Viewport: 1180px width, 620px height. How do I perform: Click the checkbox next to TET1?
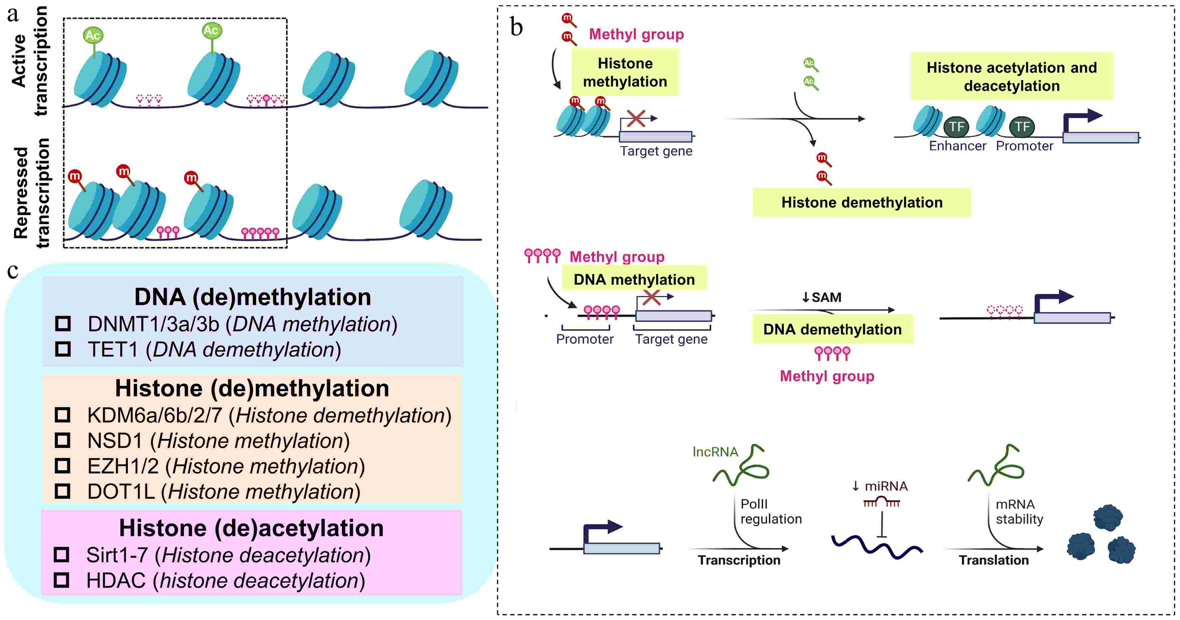pos(63,349)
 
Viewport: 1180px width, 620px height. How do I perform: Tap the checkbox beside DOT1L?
pos(63,491)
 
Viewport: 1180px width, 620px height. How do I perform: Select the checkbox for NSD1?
pos(63,441)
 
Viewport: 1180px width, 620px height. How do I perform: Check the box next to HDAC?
pos(61,580)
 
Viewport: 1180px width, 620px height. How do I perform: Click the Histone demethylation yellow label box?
pos(861,202)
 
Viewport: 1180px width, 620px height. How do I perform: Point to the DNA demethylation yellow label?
pos(832,329)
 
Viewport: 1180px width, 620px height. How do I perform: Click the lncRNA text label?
pos(715,452)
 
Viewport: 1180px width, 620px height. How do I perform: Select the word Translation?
pos(993,560)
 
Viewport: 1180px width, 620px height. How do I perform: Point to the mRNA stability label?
pos(1019,511)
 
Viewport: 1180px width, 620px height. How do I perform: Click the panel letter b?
pos(516,28)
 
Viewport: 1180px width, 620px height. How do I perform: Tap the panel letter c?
pos(13,271)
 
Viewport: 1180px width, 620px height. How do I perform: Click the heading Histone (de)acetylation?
pos(251,528)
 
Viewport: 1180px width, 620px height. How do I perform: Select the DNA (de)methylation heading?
pos(252,297)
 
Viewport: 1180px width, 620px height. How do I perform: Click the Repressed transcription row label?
pos(31,193)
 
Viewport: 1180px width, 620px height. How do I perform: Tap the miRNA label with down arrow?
pos(880,486)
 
